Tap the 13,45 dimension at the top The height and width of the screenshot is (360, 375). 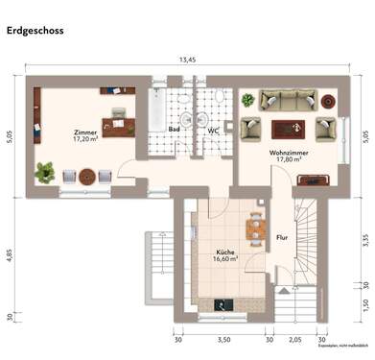pos(187,60)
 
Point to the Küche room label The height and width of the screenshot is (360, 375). pos(225,253)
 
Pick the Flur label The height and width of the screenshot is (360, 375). pos(282,235)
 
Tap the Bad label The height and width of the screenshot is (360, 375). pos(175,128)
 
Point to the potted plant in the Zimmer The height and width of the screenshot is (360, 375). pos(43,172)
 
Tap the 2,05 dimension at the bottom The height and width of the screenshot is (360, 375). pos(295,339)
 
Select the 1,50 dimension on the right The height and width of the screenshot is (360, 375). pos(365,304)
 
